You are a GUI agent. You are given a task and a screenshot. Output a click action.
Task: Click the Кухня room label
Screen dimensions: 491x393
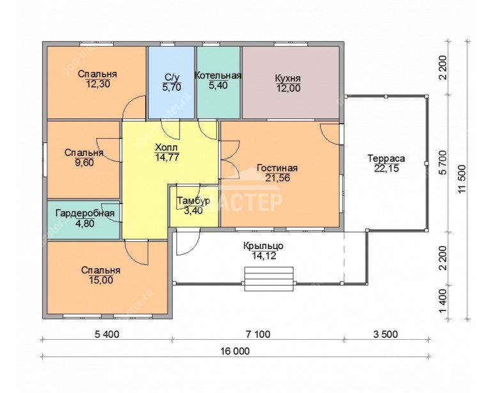pyautogui.click(x=288, y=78)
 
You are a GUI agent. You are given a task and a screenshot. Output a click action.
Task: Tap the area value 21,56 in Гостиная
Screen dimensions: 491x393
pyautogui.click(x=277, y=178)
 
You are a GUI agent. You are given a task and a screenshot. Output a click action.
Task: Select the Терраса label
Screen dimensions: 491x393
pyautogui.click(x=386, y=158)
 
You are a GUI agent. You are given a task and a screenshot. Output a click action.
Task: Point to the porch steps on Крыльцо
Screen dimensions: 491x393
pyautogui.click(x=269, y=278)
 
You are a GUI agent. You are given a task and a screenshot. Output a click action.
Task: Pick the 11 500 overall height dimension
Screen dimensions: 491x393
pyautogui.click(x=462, y=180)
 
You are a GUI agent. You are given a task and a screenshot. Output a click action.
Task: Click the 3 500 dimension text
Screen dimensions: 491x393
pyautogui.click(x=386, y=334)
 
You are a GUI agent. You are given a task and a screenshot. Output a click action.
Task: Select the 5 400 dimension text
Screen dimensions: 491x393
pyautogui.click(x=107, y=334)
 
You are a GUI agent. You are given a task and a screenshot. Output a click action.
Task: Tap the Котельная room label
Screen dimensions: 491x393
pyautogui.click(x=218, y=76)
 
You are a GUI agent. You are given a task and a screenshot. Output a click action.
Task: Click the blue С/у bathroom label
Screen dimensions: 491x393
pyautogui.click(x=171, y=77)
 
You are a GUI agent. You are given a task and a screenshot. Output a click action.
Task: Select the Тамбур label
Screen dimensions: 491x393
pyautogui.click(x=193, y=200)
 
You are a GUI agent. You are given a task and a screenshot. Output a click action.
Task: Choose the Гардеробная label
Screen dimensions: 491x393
pyautogui.click(x=85, y=213)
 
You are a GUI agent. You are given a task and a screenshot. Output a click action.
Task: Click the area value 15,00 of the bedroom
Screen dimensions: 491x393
pyautogui.click(x=101, y=280)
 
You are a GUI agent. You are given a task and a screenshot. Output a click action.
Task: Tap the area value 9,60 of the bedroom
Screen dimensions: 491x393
pyautogui.click(x=84, y=163)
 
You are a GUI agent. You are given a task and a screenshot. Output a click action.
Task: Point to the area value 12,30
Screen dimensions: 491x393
pyautogui.click(x=97, y=84)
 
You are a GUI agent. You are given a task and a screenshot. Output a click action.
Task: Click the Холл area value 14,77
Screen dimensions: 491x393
pyautogui.click(x=168, y=157)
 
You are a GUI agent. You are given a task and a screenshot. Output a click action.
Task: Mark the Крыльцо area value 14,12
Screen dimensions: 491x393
pyautogui.click(x=263, y=256)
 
